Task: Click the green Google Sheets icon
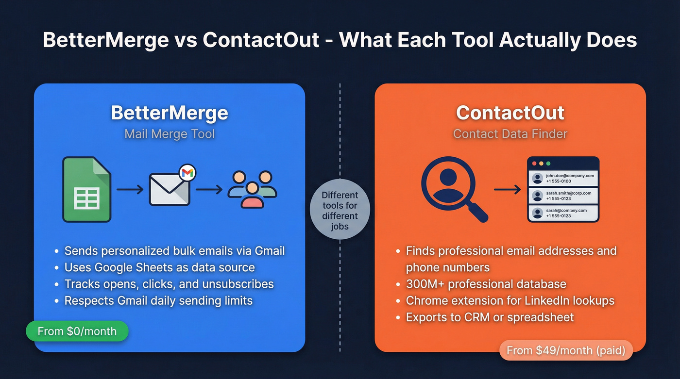tap(86, 190)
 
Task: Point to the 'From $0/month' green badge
tap(77, 331)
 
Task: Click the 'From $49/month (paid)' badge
tap(566, 350)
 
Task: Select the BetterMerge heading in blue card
tap(170, 113)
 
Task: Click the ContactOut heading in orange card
tap(510, 113)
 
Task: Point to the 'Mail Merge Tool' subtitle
tap(170, 133)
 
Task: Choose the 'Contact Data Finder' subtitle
tap(510, 133)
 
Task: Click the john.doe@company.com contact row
tap(563, 178)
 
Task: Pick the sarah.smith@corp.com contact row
tap(563, 196)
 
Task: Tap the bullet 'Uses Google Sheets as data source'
tap(160, 267)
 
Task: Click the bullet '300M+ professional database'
tap(486, 284)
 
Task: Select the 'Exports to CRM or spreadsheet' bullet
tap(490, 317)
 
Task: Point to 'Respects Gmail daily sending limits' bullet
tap(158, 300)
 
